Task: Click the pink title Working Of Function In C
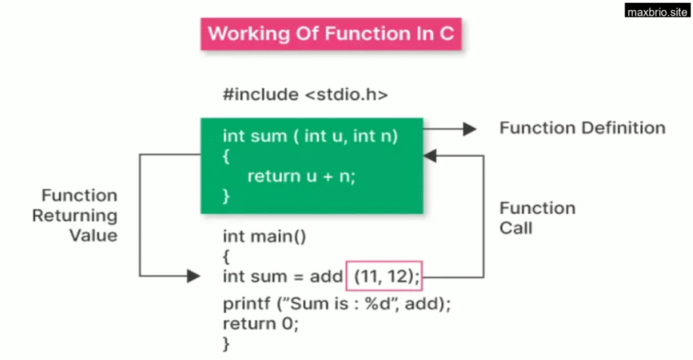click(331, 34)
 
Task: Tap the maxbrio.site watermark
click(657, 11)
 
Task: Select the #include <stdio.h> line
click(305, 95)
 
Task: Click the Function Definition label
click(582, 128)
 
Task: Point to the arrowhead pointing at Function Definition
click(470, 129)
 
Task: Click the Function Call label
click(537, 218)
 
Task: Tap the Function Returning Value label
click(75, 215)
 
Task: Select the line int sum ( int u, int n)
click(310, 136)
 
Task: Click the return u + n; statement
click(301, 176)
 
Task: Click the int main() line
click(265, 236)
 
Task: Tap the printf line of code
click(337, 303)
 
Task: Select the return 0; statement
click(261, 323)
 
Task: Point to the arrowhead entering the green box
click(430, 156)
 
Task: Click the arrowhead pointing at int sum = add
click(194, 276)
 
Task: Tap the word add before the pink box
click(326, 277)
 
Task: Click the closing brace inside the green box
click(226, 196)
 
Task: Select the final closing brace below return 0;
click(226, 344)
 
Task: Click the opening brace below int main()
click(226, 256)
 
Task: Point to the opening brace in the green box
click(226, 156)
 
